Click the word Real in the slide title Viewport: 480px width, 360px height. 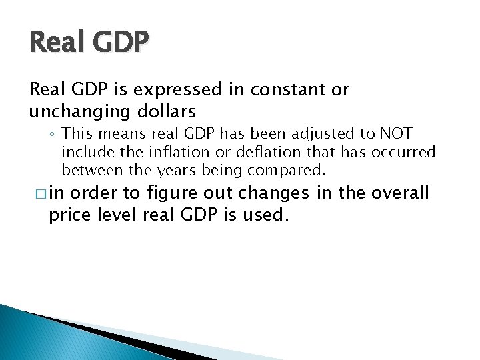pyautogui.click(x=55, y=43)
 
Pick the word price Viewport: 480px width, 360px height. pyautogui.click(x=70, y=215)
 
